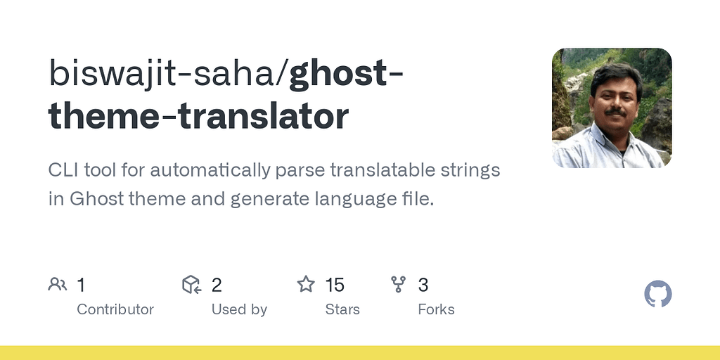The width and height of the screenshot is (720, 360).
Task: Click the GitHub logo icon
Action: point(658,294)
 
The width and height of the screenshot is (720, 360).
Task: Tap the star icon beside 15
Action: point(306,284)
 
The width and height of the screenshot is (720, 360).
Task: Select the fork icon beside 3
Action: point(399,284)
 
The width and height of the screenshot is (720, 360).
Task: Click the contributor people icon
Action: point(58,284)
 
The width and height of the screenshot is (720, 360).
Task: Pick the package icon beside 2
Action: point(191,284)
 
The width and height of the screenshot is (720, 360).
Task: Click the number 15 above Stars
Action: point(335,285)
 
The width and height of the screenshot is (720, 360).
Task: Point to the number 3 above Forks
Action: point(423,285)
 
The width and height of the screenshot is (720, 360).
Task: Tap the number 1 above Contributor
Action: point(81,285)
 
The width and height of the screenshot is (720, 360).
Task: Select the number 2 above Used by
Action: point(217,285)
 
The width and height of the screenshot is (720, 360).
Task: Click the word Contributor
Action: point(115,309)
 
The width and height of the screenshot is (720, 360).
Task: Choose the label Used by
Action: point(239,309)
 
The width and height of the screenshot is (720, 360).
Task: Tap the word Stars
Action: point(342,309)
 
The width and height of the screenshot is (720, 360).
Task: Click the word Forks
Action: point(436,309)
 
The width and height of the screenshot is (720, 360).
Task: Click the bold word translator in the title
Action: point(274,116)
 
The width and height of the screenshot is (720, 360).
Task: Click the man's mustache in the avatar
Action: point(615,111)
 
